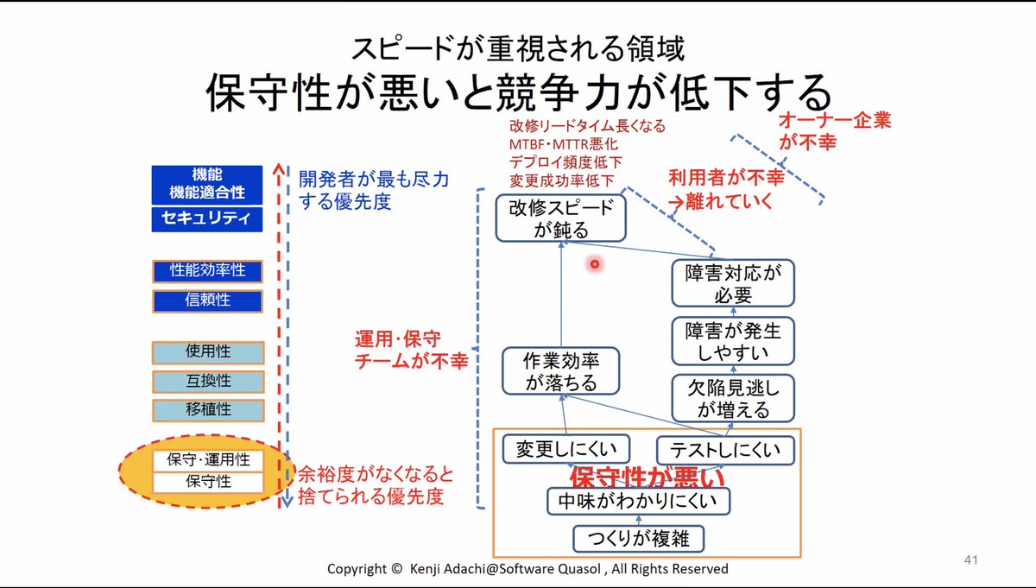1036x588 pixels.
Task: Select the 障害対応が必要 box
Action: (x=732, y=283)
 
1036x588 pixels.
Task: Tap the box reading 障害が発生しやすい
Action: (x=732, y=341)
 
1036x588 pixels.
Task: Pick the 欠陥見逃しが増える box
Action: (x=732, y=398)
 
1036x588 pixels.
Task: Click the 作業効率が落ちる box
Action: (x=561, y=371)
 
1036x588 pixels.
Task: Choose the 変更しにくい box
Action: (x=565, y=449)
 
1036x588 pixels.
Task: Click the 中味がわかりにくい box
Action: (x=638, y=501)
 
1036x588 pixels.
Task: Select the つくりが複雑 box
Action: (x=638, y=539)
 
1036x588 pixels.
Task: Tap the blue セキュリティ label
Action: (x=207, y=218)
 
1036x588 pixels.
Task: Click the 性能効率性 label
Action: (x=207, y=271)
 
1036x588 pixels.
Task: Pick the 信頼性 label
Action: (x=207, y=300)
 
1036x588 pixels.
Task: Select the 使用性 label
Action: (x=207, y=351)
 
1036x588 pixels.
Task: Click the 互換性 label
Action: (x=207, y=381)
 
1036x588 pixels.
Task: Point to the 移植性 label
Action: (x=207, y=409)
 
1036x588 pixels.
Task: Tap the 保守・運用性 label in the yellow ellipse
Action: (x=208, y=460)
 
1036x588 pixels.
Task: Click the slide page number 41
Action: (x=970, y=561)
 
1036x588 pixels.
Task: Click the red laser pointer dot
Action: (x=595, y=264)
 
